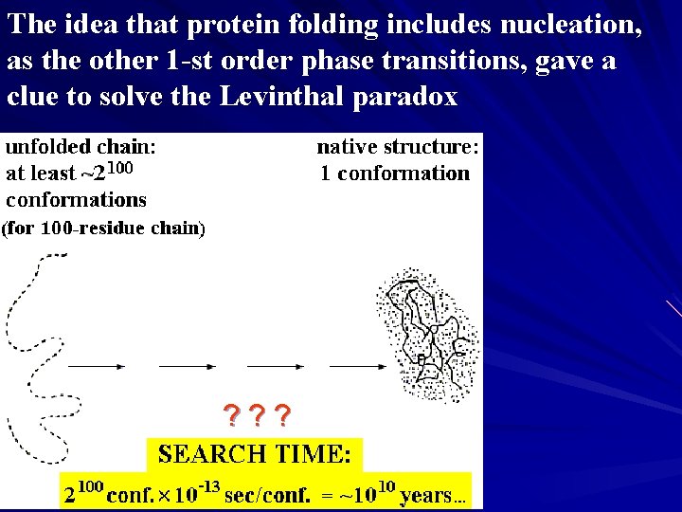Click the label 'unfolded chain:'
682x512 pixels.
coord(81,147)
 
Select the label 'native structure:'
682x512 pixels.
coord(398,147)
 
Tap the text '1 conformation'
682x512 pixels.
coord(395,174)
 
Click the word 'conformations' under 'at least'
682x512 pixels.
coord(77,200)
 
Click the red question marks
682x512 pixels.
coord(257,414)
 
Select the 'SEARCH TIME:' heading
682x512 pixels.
coord(255,454)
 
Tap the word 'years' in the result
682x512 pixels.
coord(425,495)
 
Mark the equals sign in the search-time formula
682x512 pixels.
coord(327,495)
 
